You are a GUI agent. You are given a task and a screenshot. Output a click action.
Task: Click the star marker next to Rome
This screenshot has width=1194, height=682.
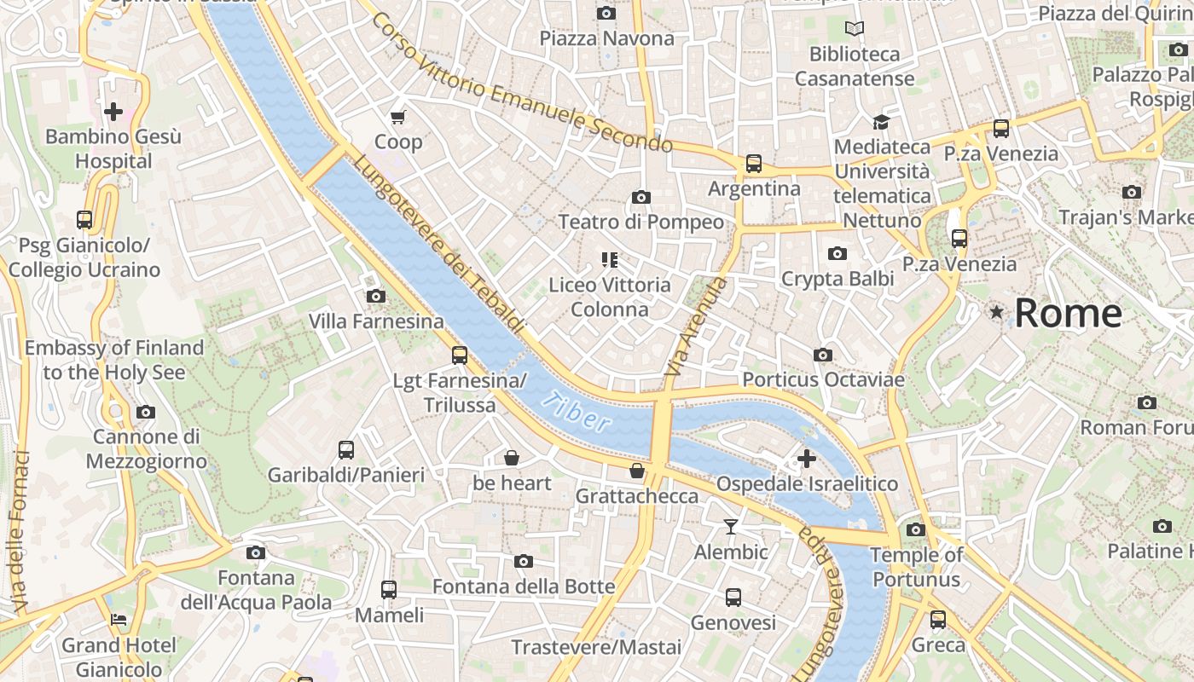tap(996, 313)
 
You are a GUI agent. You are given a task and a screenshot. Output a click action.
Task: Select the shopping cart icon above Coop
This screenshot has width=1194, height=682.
tap(398, 117)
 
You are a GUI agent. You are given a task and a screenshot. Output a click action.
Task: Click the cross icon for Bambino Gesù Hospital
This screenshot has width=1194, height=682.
tap(113, 112)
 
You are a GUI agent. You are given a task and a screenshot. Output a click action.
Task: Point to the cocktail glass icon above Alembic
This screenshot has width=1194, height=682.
tap(731, 527)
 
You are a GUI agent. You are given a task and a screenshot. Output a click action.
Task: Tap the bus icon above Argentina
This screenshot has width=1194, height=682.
tap(754, 164)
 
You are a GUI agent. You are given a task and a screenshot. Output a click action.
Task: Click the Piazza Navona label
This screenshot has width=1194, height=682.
tap(606, 38)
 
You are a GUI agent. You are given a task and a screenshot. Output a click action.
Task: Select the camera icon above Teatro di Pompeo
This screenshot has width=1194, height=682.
tap(641, 198)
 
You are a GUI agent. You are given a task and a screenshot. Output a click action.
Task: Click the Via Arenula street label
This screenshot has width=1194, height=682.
tap(696, 327)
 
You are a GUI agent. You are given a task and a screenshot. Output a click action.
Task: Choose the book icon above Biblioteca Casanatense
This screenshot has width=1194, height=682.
tap(855, 29)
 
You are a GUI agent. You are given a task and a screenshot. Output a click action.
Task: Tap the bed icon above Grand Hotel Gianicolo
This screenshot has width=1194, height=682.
tap(119, 620)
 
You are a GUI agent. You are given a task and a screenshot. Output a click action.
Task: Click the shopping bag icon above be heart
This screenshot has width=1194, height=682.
tap(512, 459)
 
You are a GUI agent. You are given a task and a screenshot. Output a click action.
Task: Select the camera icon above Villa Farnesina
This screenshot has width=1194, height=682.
tap(375, 297)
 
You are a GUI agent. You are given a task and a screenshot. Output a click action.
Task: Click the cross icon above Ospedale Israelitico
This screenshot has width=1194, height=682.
tap(807, 459)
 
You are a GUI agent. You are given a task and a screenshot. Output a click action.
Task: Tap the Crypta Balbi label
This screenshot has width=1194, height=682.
tap(838, 279)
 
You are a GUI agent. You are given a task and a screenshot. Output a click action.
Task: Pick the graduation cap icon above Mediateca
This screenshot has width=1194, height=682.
tap(881, 123)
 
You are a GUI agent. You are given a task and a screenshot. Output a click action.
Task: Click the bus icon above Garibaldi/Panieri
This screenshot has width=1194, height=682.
tap(346, 450)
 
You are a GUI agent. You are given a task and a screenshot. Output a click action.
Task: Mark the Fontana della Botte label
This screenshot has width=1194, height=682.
tap(524, 587)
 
